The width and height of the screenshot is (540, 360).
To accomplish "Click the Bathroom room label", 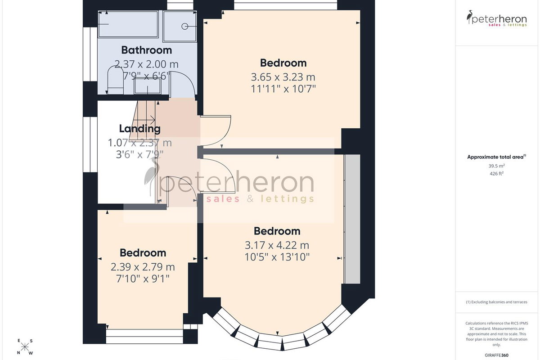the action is (147, 50).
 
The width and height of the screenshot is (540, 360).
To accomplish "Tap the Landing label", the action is (140, 129).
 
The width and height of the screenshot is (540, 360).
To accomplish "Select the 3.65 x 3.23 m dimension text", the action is (283, 77).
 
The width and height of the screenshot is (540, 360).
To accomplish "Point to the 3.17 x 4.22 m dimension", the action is (277, 245).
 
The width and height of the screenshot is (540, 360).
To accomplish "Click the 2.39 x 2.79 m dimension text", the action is (143, 267).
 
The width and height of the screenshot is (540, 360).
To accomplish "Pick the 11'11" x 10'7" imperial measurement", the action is (283, 89).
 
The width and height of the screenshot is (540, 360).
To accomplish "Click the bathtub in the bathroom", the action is (128, 24).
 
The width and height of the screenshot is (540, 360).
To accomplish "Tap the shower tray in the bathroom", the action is (180, 26).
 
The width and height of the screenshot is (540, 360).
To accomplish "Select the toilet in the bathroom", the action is (115, 80).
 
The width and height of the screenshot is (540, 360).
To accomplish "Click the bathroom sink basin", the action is (148, 86).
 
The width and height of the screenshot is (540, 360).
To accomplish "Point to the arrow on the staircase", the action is (144, 119).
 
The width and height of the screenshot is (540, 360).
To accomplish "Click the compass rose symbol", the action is (25, 347).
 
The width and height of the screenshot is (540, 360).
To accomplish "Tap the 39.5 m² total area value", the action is (497, 166).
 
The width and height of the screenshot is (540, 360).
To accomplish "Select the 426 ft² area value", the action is (497, 173).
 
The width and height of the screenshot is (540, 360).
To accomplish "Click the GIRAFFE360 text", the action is (497, 355).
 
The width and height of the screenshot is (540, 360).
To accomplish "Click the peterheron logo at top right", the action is (497, 18).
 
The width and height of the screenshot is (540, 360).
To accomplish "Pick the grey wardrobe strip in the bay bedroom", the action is (352, 219).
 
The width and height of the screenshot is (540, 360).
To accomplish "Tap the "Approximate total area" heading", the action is (497, 157).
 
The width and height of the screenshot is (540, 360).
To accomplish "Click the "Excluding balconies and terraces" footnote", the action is (497, 302).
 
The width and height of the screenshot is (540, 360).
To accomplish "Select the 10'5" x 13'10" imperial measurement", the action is (277, 257).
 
